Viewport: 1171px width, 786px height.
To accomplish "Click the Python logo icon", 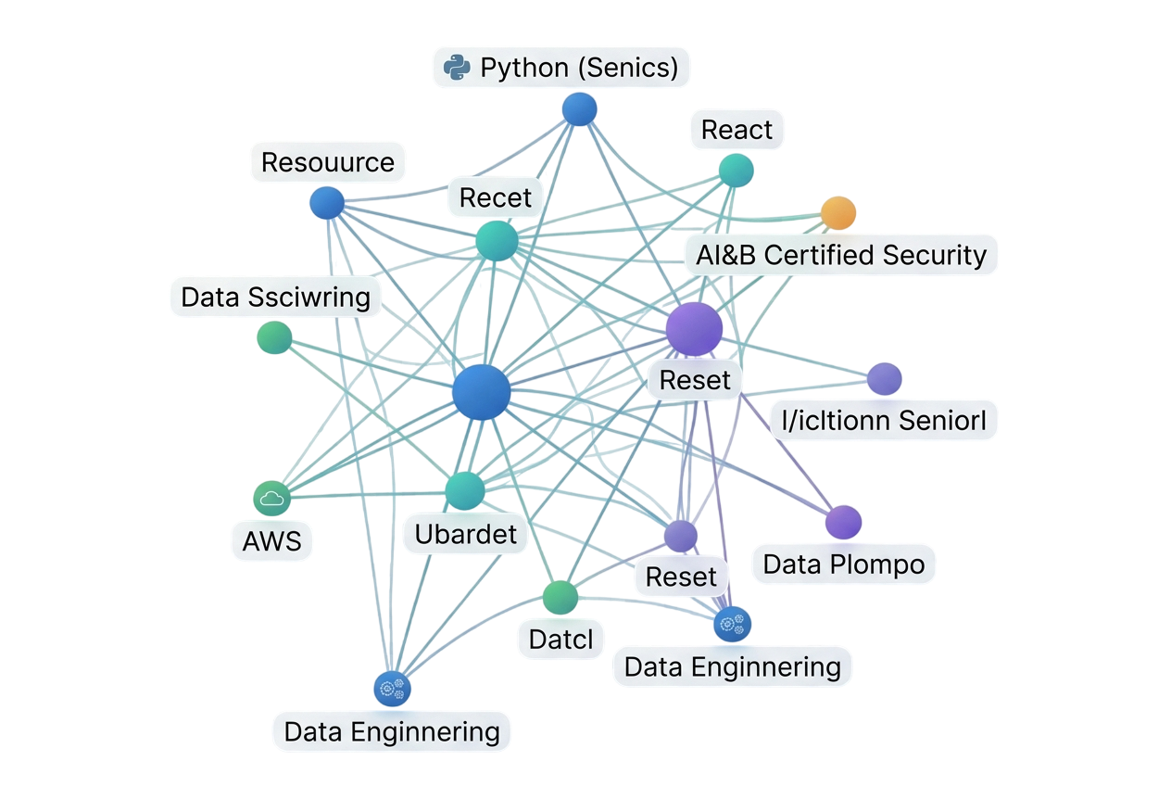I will click(455, 68).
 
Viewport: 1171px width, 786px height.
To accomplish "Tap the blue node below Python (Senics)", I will click(579, 109).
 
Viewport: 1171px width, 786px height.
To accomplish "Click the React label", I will click(737, 130).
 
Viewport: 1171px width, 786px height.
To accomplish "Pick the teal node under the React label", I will click(736, 171).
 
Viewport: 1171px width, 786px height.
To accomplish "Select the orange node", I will click(837, 213).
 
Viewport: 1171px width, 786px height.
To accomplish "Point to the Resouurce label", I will click(327, 162).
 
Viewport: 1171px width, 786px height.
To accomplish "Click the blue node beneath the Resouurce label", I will click(326, 203).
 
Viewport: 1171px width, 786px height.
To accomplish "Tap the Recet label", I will click(496, 196).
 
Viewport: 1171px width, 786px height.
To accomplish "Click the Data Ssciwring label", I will click(275, 298).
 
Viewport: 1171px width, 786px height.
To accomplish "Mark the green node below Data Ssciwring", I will click(273, 336).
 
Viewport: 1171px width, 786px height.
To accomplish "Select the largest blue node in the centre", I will click(481, 392).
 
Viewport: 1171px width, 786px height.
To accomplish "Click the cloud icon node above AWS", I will click(271, 499).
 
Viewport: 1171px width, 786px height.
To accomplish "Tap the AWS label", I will click(271, 540).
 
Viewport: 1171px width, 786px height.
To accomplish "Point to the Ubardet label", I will click(465, 534).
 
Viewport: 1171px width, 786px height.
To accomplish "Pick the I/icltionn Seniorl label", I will click(884, 421).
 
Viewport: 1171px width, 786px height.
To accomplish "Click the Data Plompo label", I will click(843, 564).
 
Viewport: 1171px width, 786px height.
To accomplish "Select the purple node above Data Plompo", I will click(843, 522).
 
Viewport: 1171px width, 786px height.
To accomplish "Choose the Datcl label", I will click(560, 639).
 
